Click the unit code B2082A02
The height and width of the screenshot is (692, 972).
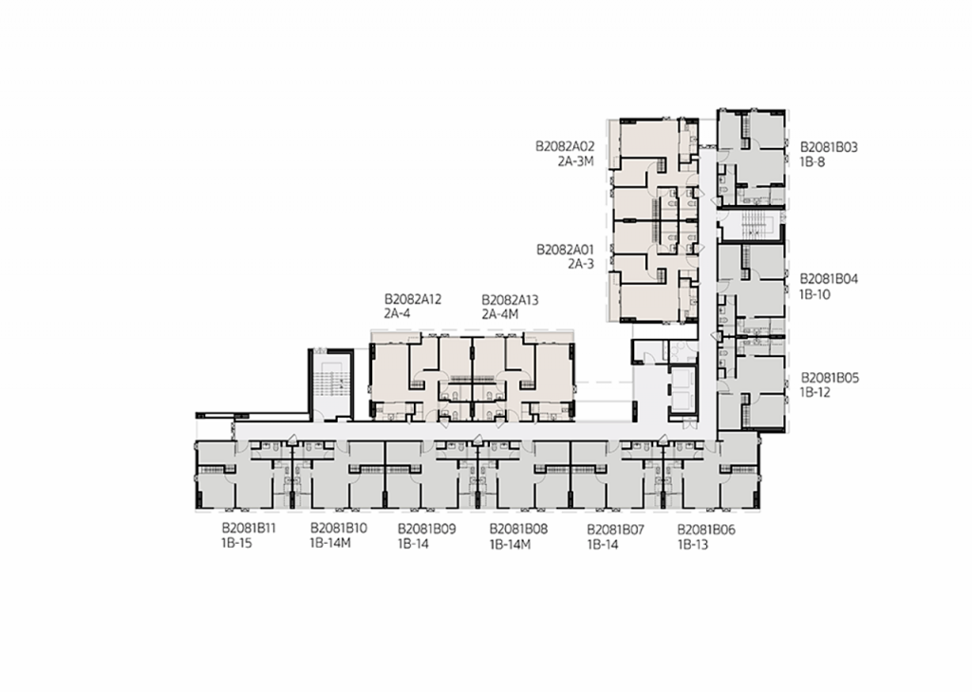tap(565, 147)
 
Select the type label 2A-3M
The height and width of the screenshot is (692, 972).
tap(576, 161)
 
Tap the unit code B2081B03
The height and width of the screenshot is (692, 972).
tap(829, 147)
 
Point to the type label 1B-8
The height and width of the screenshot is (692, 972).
tap(813, 162)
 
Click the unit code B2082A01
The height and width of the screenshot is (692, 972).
tap(565, 250)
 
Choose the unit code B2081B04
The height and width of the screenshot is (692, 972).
tap(829, 279)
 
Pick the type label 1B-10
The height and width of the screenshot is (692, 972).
tap(815, 294)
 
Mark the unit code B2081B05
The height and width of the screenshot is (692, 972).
tap(830, 378)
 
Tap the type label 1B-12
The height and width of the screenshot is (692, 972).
tap(814, 392)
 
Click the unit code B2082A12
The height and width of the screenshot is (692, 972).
tap(413, 300)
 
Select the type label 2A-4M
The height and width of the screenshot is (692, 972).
tap(500, 314)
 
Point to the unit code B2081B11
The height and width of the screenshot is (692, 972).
tap(249, 529)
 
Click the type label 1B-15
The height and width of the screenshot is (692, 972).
tap(236, 544)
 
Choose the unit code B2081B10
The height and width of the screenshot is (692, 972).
tap(339, 529)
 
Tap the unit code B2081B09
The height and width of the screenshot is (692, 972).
tap(426, 530)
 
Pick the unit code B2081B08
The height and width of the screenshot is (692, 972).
tap(518, 530)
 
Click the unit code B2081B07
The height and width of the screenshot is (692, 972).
tap(615, 531)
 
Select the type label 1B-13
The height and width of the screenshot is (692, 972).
tap(692, 545)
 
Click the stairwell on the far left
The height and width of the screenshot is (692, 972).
tap(331, 385)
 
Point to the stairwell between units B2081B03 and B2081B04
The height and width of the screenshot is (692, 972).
tap(752, 225)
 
